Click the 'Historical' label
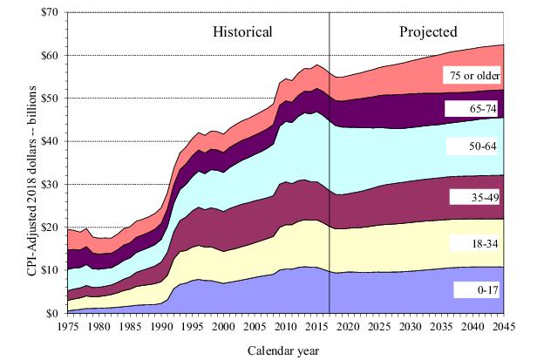(243, 32)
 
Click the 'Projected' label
(429, 32)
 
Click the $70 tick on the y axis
(49, 13)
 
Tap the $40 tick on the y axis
(49, 141)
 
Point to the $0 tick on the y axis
(52, 313)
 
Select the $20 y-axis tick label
(49, 228)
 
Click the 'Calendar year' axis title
(284, 350)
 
